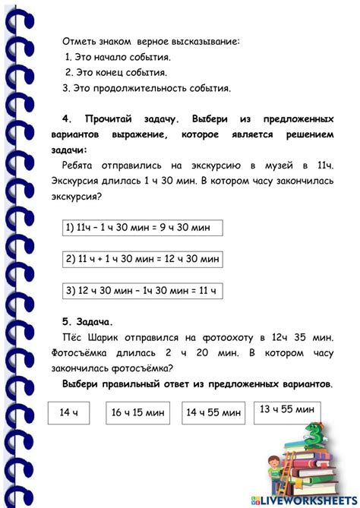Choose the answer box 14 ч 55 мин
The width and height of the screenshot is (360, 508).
point(214,413)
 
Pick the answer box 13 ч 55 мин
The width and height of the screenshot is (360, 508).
point(286,410)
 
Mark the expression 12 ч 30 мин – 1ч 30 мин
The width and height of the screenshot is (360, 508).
point(141,290)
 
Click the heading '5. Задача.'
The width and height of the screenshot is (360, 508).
point(89,321)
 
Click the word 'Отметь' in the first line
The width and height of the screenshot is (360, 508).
point(79,41)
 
